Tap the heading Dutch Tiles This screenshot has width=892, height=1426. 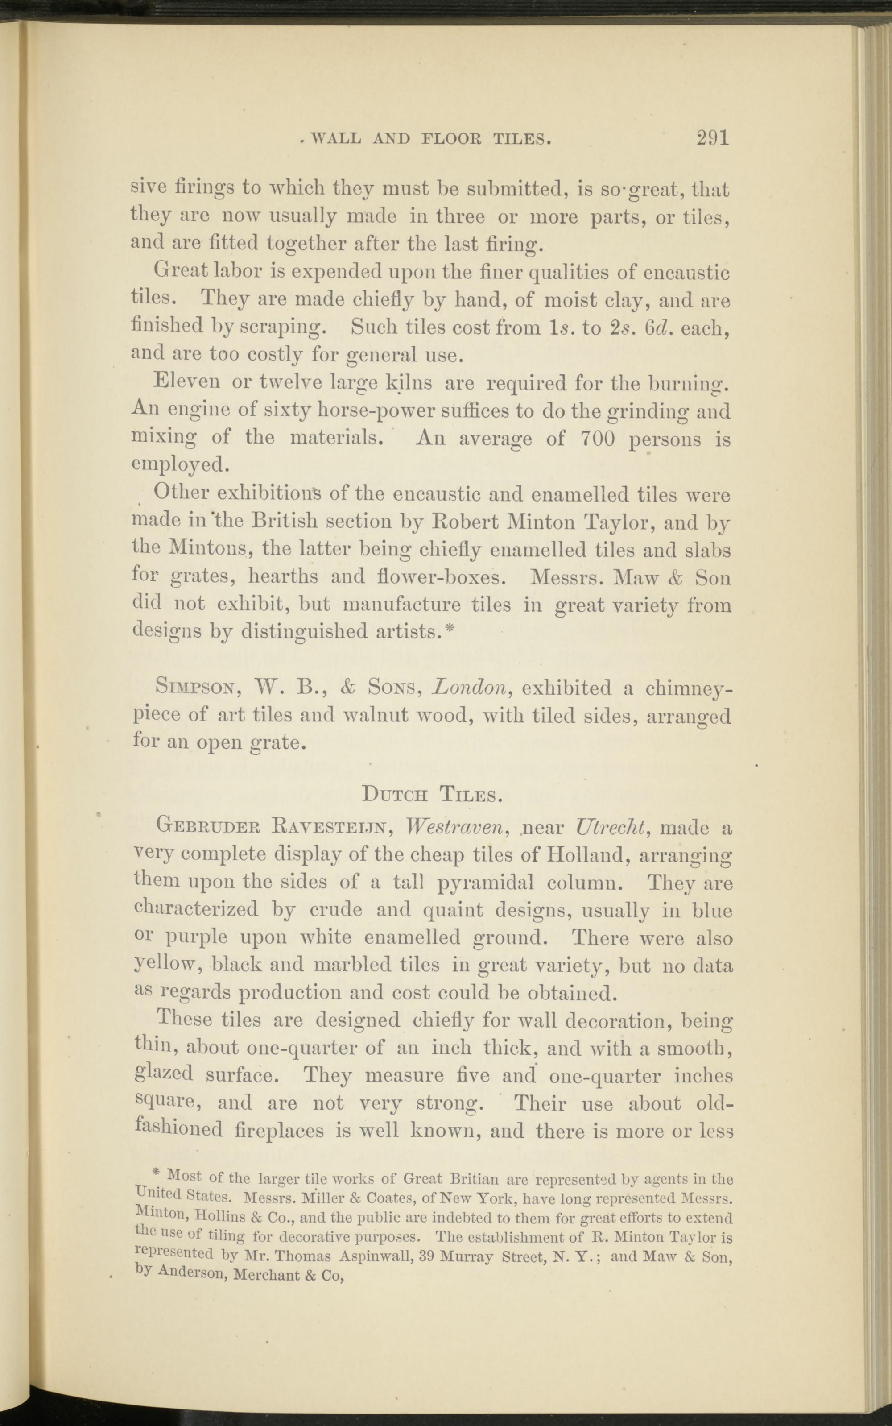coord(432,795)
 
